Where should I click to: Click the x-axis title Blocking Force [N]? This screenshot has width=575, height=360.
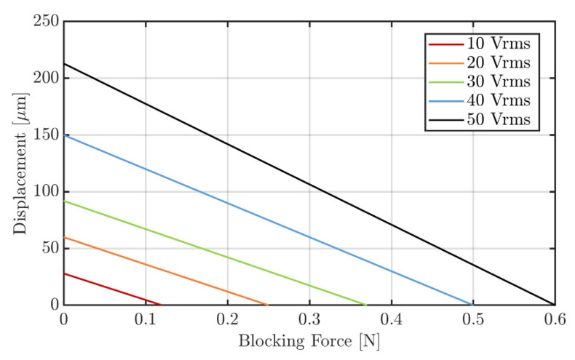click(x=309, y=340)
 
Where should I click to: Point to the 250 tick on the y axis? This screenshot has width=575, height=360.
click(x=45, y=21)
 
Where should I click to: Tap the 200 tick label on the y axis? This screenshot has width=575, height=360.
click(x=45, y=78)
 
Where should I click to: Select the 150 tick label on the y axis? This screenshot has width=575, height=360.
click(x=45, y=135)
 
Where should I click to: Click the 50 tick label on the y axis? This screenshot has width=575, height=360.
click(x=49, y=248)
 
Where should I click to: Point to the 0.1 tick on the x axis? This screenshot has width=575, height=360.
click(x=146, y=319)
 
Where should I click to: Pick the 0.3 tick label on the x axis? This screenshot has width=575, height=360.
click(x=309, y=319)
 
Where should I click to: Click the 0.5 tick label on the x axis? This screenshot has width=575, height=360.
click(x=473, y=319)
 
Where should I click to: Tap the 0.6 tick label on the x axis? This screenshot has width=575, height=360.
click(x=555, y=319)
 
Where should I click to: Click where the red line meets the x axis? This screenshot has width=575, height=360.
click(x=161, y=305)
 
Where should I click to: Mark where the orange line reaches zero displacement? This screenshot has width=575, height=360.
click(x=268, y=305)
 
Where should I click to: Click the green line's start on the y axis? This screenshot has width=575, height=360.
click(x=64, y=201)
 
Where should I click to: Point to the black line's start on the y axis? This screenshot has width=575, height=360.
click(x=64, y=63)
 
